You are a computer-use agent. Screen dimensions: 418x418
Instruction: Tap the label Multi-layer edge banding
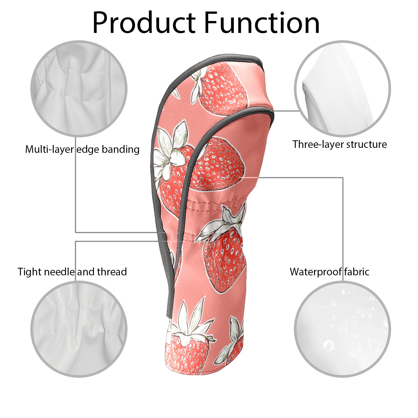82,149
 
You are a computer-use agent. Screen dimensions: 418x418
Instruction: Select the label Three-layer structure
339,144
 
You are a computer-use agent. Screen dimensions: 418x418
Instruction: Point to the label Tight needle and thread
72,272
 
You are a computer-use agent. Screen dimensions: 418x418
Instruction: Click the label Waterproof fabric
329,272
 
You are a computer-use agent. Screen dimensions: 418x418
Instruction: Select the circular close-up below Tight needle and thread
79,329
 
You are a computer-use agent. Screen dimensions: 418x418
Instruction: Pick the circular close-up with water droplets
342,329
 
